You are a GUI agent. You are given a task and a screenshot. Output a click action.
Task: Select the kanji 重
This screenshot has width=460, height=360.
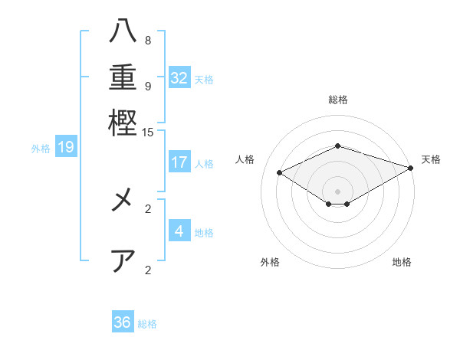[x=123, y=78]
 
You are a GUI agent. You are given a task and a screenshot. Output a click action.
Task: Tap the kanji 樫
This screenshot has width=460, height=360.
[x=123, y=122]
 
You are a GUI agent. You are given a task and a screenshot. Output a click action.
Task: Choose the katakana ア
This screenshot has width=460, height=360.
[x=123, y=260]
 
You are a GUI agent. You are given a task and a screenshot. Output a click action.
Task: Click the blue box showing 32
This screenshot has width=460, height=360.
[x=179, y=78]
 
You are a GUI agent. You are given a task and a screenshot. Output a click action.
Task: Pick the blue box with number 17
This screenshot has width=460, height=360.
[x=179, y=162]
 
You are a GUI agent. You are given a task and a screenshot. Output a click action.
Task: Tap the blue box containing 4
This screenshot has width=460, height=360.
[x=179, y=231]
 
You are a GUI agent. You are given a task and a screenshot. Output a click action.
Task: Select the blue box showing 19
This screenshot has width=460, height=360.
[x=66, y=147]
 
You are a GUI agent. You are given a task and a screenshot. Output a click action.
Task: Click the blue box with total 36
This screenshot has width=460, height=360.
[x=123, y=322]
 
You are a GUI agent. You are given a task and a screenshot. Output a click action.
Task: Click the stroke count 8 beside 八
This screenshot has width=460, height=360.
[x=148, y=40]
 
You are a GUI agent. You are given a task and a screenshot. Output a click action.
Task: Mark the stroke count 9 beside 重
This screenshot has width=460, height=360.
[x=148, y=86]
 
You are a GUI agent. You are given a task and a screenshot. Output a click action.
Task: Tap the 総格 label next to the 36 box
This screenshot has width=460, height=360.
[x=147, y=324]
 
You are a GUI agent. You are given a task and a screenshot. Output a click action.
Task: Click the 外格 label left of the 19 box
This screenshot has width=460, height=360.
[x=40, y=149]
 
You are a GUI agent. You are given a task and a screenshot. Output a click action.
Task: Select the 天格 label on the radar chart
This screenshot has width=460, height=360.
[x=431, y=159]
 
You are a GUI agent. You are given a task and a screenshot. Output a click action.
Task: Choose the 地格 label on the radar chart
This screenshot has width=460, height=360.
[x=402, y=262]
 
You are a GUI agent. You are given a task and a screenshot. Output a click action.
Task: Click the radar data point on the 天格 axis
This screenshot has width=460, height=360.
[x=412, y=168]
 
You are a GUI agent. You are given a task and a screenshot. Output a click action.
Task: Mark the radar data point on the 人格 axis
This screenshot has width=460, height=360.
[x=280, y=173]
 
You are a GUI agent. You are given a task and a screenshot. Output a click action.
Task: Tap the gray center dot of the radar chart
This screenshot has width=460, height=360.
[x=337, y=191]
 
